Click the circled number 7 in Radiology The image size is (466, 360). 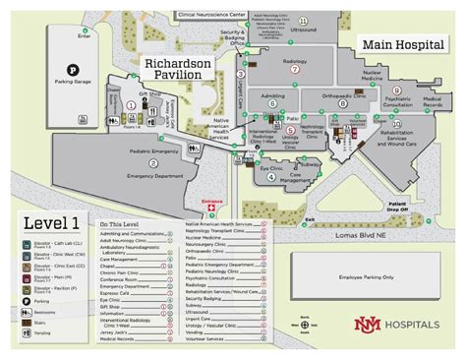pos(294,69)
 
